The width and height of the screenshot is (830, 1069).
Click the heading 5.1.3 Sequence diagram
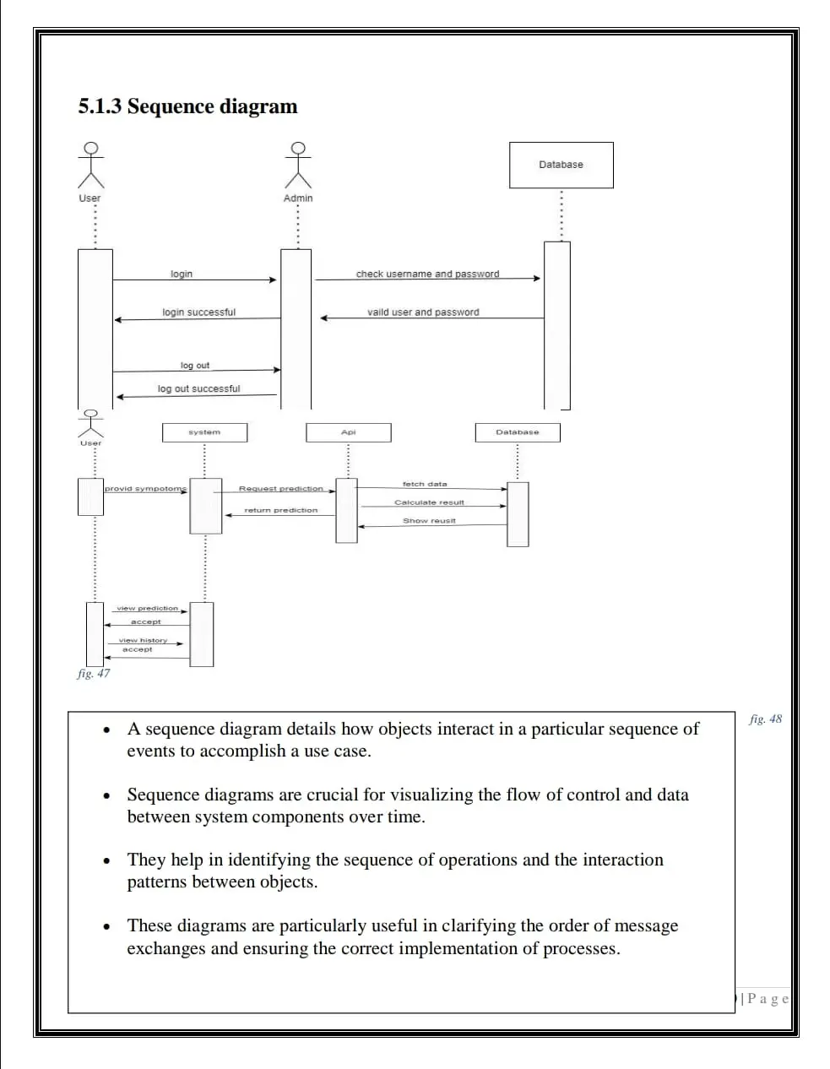tap(187, 106)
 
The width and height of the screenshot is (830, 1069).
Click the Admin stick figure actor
tap(297, 166)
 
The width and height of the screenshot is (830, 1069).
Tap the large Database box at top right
tap(561, 165)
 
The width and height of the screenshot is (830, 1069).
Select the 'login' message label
tap(181, 274)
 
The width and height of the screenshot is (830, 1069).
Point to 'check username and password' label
tap(427, 274)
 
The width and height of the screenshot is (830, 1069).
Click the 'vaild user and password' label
tap(422, 312)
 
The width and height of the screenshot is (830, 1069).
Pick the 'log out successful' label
tap(198, 388)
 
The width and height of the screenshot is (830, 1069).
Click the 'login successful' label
tap(198, 312)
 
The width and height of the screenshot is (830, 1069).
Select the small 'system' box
tap(204, 432)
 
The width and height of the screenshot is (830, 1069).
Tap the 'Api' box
tap(348, 432)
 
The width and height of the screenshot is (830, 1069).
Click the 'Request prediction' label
tap(280, 488)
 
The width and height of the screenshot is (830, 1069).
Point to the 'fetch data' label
tap(425, 484)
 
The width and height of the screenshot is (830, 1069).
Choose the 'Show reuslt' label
tap(429, 520)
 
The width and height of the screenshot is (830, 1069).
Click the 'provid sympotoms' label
tap(145, 488)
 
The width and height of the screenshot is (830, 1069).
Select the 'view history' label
tap(143, 640)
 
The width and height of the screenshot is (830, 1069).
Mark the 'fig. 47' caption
tap(93, 673)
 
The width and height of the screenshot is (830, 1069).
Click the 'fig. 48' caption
tap(765, 719)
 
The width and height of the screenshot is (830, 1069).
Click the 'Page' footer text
tap(768, 999)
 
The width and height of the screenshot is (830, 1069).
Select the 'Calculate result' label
tap(429, 502)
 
